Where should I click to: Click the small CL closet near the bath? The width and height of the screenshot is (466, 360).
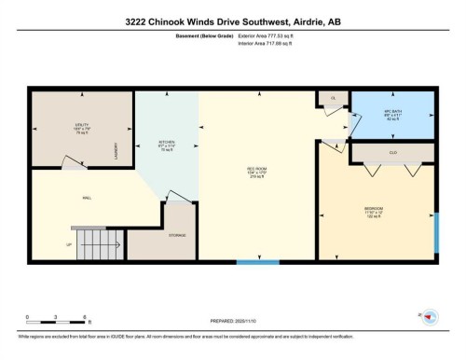(332, 97)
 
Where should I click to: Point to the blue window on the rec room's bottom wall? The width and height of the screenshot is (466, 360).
(257, 262)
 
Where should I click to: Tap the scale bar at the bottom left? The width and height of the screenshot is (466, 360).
(57, 319)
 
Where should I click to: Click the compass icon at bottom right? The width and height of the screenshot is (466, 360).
(429, 318)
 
